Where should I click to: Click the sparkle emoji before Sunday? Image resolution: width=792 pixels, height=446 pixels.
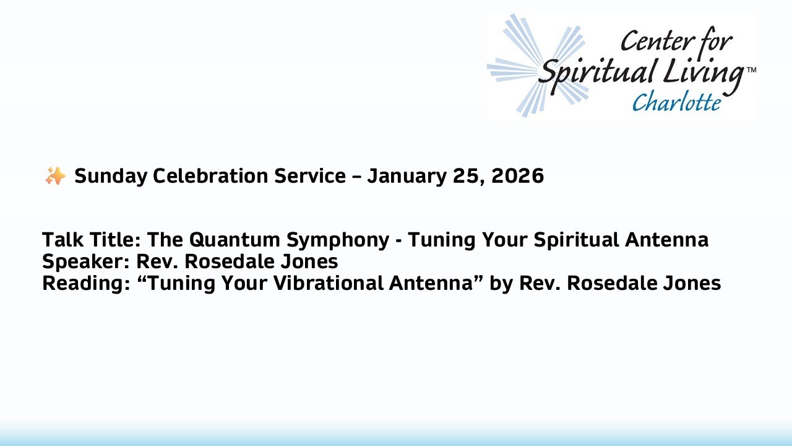click(55, 177)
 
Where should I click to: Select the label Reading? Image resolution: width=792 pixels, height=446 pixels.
click(84, 284)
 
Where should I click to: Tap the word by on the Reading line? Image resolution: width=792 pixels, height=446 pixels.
click(500, 284)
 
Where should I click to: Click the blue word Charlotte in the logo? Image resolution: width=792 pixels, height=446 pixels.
click(676, 102)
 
